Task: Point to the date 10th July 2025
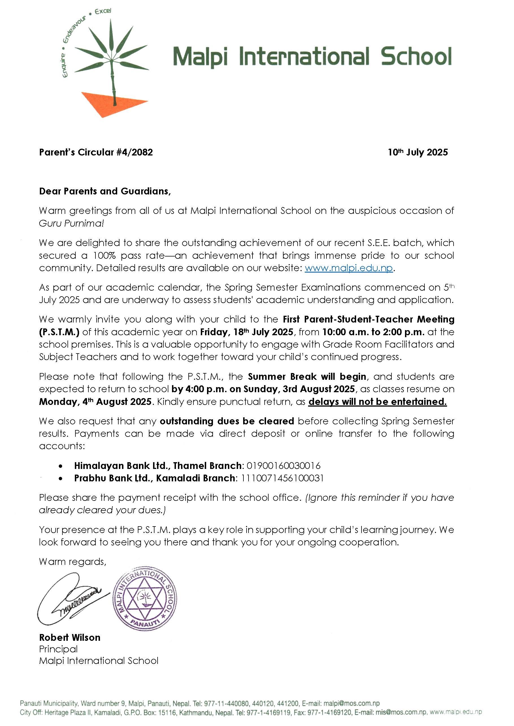pos(417,152)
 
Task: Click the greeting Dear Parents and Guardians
pos(104,191)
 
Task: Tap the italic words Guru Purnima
pos(71,223)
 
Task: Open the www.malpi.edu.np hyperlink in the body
pos(349,268)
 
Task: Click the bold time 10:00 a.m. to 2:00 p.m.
pos(373,332)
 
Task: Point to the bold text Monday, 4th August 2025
pos(95,402)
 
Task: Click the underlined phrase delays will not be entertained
pos(377,402)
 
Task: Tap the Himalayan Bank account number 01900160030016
pos(283,466)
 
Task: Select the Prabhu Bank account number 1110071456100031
pos(282,478)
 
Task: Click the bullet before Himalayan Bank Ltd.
pos(60,466)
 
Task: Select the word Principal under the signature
pos(58,649)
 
